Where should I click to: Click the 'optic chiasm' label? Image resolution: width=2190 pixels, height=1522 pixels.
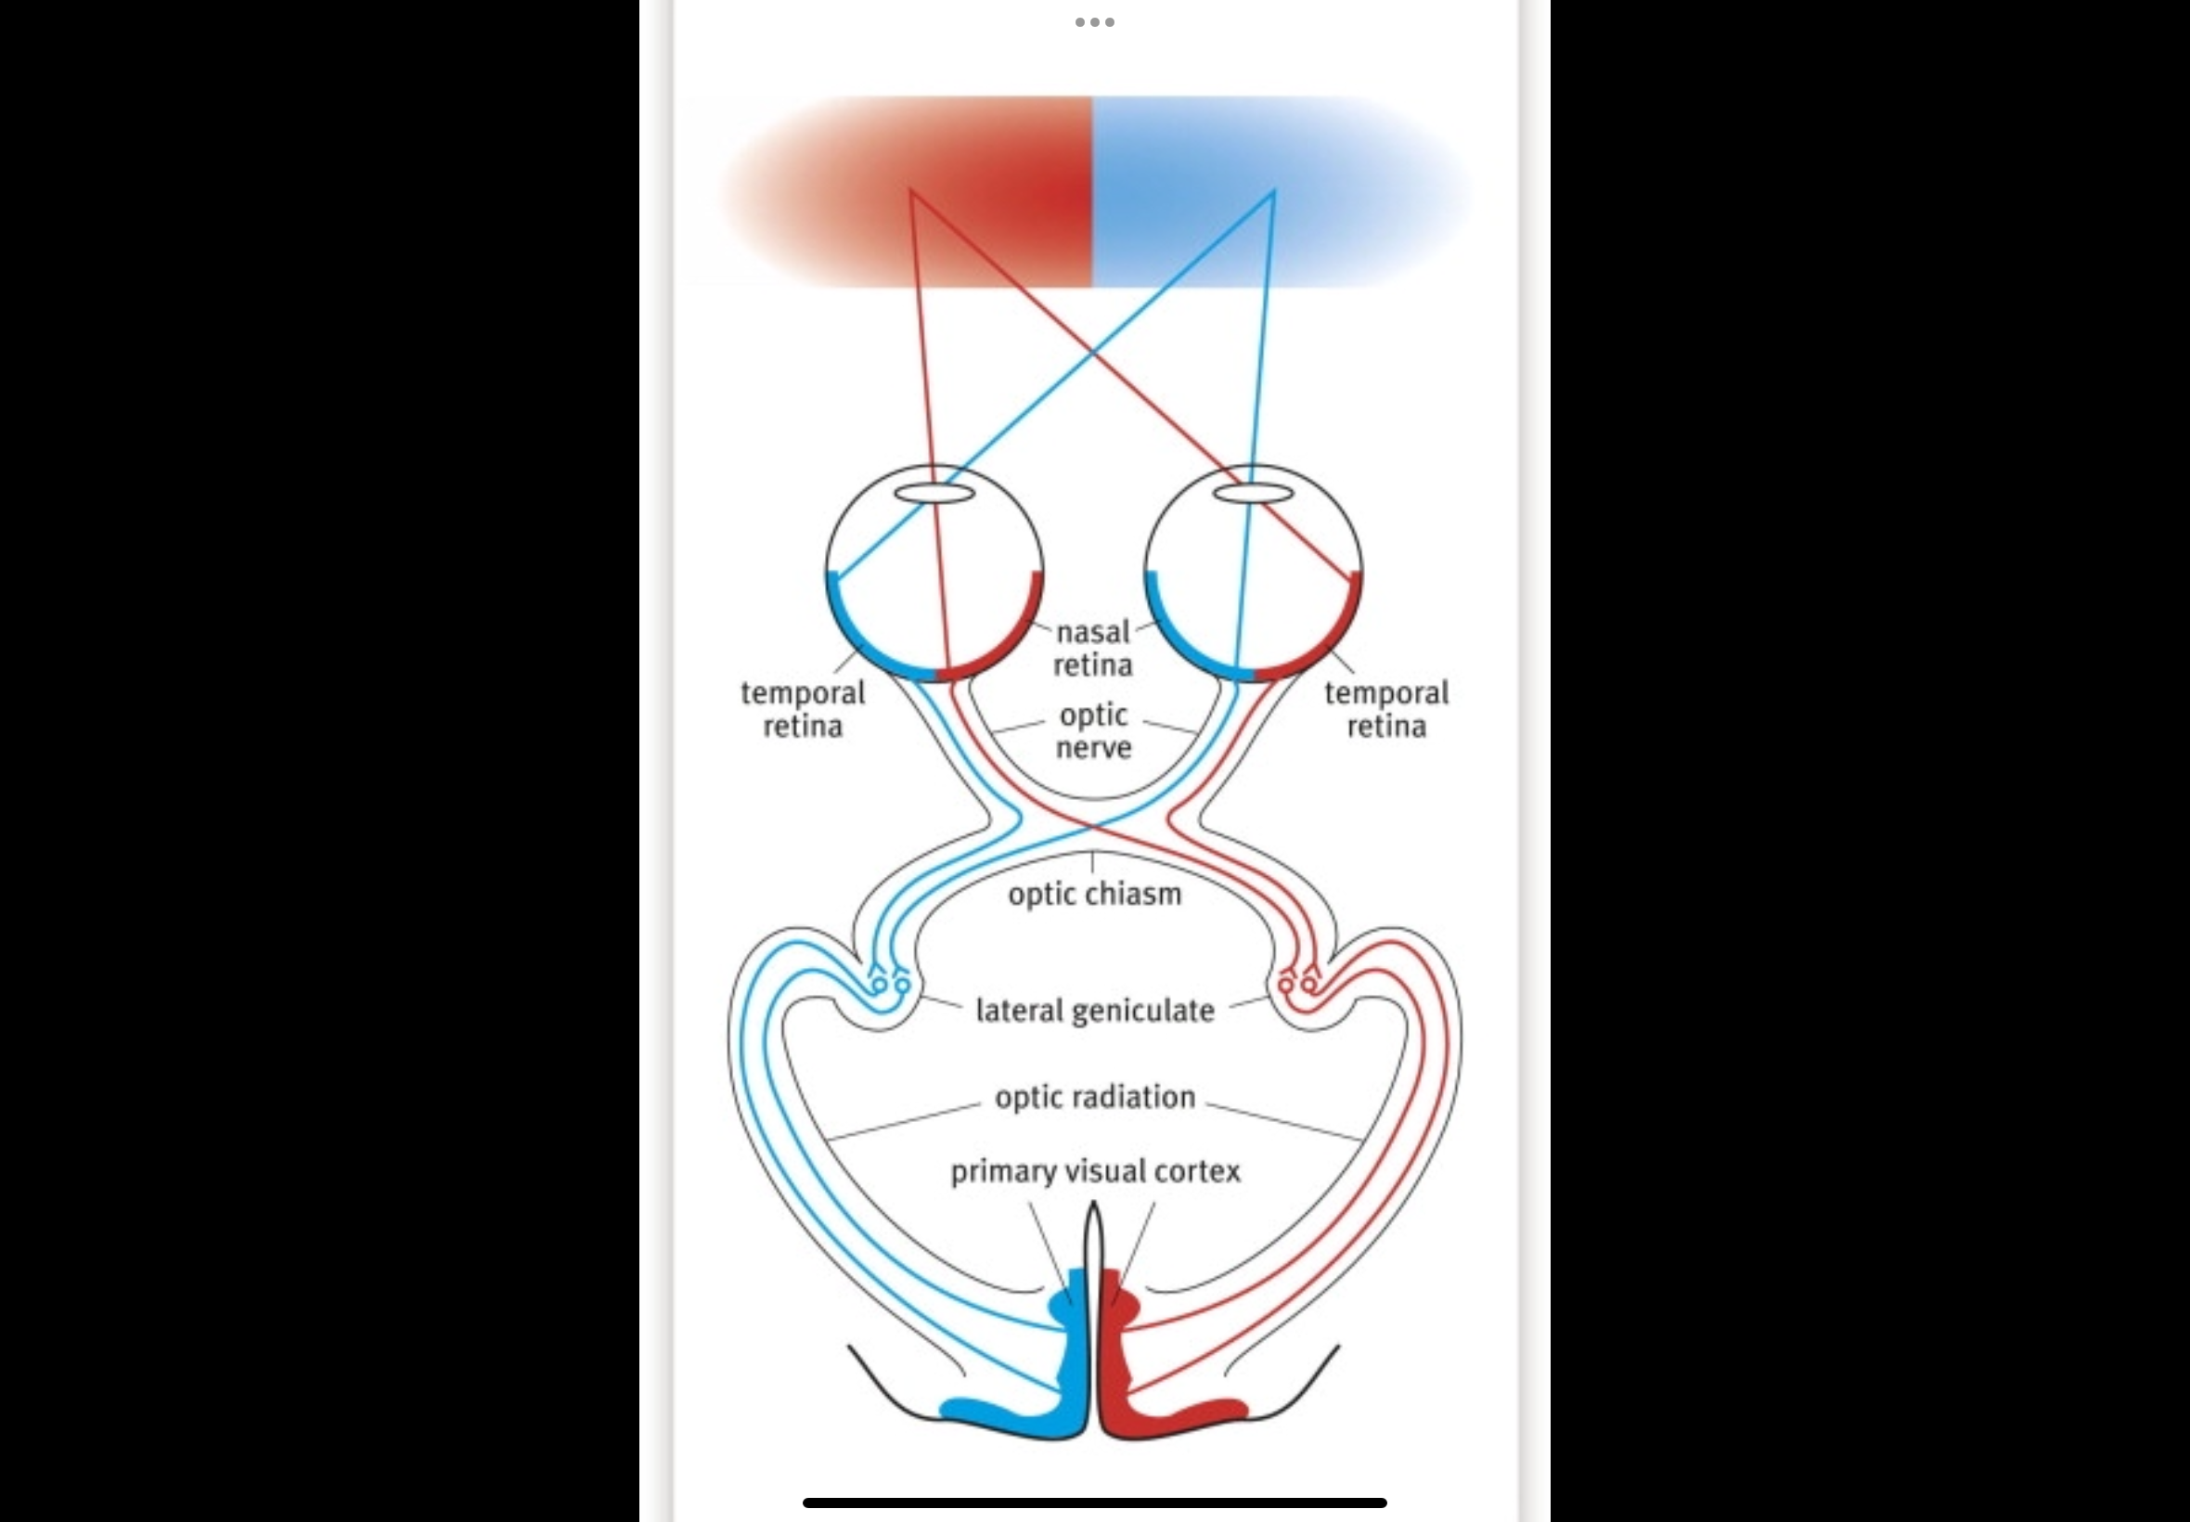click(1094, 895)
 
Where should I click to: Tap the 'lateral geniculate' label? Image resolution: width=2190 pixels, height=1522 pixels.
click(1094, 1011)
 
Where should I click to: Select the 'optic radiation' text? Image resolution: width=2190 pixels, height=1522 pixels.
click(1094, 1098)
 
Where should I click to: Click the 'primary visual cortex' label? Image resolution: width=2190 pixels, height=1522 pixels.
click(1094, 1171)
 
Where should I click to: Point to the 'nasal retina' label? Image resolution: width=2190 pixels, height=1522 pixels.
click(1092, 648)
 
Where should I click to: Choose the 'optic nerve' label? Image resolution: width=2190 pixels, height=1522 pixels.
click(1093, 730)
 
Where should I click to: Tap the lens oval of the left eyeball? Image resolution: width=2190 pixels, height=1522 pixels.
click(934, 493)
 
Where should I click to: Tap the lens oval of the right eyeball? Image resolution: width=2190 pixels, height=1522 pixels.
click(1253, 493)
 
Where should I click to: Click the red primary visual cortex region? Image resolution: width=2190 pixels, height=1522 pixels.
click(1115, 1374)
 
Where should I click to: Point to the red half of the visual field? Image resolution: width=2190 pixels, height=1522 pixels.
click(953, 191)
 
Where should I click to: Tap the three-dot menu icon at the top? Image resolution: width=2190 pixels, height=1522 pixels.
click(1094, 22)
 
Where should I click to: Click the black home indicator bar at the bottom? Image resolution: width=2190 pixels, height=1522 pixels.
click(1094, 1503)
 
